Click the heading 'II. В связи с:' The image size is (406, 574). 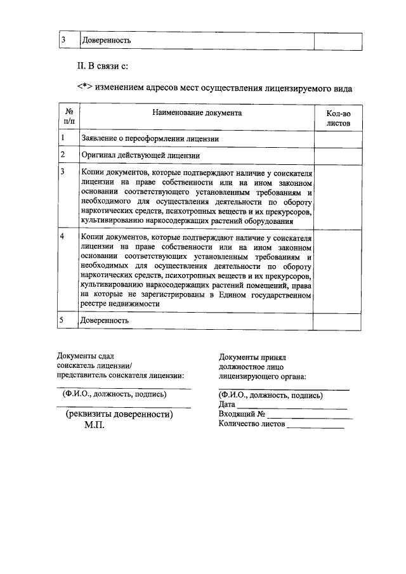(103, 66)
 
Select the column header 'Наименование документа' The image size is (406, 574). (197, 112)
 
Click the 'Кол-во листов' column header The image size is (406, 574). (338, 118)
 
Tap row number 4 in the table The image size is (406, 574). (62, 237)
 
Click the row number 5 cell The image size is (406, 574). (62, 320)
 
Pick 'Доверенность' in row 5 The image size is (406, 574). (105, 321)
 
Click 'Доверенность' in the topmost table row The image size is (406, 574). (106, 40)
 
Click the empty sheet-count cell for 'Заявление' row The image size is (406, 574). (338, 138)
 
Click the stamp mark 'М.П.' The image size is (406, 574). (95, 426)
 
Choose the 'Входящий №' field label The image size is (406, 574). (241, 414)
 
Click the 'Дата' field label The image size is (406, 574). (226, 404)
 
